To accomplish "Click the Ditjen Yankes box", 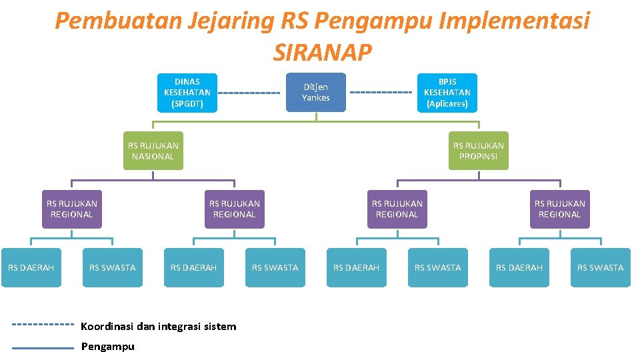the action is [x=315, y=92].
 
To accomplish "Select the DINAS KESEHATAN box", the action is [x=187, y=92].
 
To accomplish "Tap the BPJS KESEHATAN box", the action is [x=447, y=92].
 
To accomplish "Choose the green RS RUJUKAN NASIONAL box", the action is [x=153, y=151].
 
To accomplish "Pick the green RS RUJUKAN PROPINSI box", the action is [x=478, y=151].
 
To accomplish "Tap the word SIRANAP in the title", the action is [x=322, y=52].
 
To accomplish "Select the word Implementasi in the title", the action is [x=513, y=21].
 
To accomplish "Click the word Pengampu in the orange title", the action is [x=373, y=21].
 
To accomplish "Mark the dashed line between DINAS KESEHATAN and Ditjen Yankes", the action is [x=248, y=92].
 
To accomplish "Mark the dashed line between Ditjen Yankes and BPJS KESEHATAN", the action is [x=380, y=92].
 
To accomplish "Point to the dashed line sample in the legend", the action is [x=43, y=325].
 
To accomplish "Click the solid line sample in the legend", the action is [x=43, y=347].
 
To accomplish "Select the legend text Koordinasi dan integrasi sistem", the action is [x=158, y=327].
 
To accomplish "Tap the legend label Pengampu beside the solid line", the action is [x=107, y=347].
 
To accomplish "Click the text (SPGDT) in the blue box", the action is [x=187, y=104].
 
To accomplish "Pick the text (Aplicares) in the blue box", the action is [x=447, y=104].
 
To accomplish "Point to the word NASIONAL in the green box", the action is [x=153, y=157].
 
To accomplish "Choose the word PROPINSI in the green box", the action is [x=478, y=157].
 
